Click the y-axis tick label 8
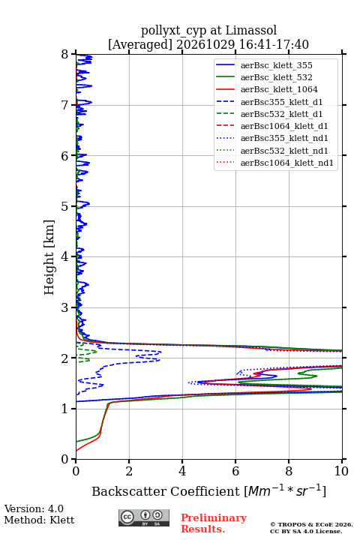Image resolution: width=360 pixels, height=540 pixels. point(65,54)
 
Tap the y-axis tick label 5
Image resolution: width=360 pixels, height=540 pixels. point(65,206)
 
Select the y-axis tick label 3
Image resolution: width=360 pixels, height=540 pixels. point(65,307)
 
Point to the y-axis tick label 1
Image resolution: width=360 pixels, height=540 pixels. point(65,409)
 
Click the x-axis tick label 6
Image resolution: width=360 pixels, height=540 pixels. point(235,471)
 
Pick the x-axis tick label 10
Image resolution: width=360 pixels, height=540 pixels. point(341,471)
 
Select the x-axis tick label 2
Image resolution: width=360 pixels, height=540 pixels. point(129,471)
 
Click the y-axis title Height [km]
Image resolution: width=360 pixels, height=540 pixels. point(49,257)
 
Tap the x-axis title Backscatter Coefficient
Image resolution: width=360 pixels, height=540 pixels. point(166,491)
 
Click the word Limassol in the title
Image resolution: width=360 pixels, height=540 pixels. point(251,30)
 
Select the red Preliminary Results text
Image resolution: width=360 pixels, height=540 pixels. point(214,523)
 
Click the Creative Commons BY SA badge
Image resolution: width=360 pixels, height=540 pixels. point(144,518)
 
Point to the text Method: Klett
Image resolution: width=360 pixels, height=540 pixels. point(39,520)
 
